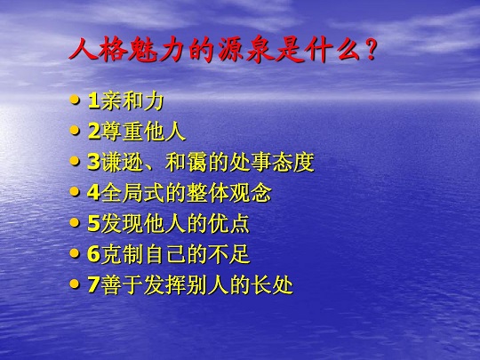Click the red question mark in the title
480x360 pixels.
370,49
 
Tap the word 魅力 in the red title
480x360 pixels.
156,49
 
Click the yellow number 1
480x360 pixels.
93,100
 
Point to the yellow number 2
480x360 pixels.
93,132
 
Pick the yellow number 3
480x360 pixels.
93,162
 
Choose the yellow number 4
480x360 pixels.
93,193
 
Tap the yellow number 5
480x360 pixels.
93,223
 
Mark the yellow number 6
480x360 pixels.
93,253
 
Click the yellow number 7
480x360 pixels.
93,284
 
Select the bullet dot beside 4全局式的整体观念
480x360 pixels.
75,192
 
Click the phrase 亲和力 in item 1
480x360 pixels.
132,100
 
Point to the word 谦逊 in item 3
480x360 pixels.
122,162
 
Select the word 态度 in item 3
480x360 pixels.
293,162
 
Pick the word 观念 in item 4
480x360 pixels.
251,193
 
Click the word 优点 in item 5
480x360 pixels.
228,223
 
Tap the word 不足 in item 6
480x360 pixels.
229,253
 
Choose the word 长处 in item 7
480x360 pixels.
272,284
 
